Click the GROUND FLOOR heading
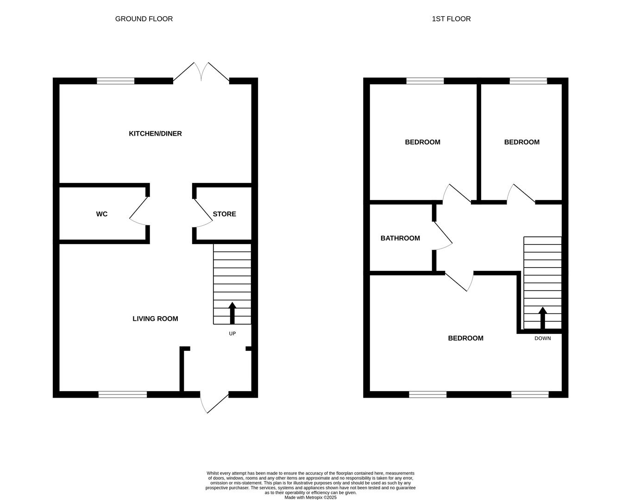pos(144,19)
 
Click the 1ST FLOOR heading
pos(451,19)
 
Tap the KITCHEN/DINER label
pos(155,134)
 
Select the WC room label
pos(101,214)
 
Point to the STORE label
pos(224,214)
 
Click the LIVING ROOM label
pos(155,319)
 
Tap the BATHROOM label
pos(400,238)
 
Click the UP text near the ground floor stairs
pos(232,333)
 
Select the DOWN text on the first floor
pos(543,338)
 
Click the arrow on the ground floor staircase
pos(232,313)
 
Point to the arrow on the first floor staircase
pos(543,318)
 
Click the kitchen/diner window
pos(115,81)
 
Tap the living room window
pos(123,394)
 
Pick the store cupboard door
pos(203,213)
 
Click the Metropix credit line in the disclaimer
pos(310,497)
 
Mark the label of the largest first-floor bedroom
pos(465,338)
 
